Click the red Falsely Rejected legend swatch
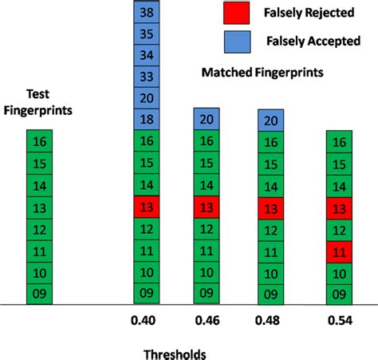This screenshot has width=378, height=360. (238, 13)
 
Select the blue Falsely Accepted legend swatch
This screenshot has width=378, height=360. (238, 40)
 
